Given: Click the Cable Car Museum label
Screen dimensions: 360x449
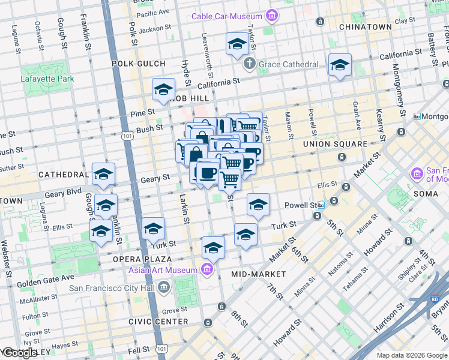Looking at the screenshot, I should [229, 16].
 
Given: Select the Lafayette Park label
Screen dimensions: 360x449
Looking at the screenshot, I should [47, 78].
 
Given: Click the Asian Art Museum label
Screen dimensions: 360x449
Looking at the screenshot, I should [164, 270].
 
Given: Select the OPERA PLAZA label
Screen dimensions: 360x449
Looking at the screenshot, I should [141, 259].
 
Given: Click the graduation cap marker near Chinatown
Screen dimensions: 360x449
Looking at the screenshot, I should [340, 65].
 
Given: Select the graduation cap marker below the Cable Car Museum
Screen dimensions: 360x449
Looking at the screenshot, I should [237, 44].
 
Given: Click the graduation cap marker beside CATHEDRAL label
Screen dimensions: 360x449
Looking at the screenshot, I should [103, 175].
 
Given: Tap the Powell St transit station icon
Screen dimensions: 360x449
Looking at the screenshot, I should [321, 205].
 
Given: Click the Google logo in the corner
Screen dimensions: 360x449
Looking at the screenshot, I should [20, 353].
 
